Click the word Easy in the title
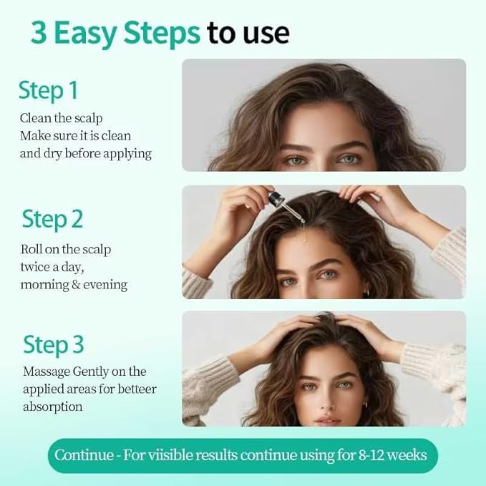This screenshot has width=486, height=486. coord(91,33)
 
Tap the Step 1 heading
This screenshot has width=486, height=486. coord(48,91)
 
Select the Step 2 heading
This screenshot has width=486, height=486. coord(52,219)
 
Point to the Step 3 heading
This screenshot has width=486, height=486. coord(54,344)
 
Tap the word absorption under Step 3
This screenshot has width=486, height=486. coord(52,407)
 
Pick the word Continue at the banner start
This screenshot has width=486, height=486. coord(82,455)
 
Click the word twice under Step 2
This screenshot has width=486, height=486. coord(37,267)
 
